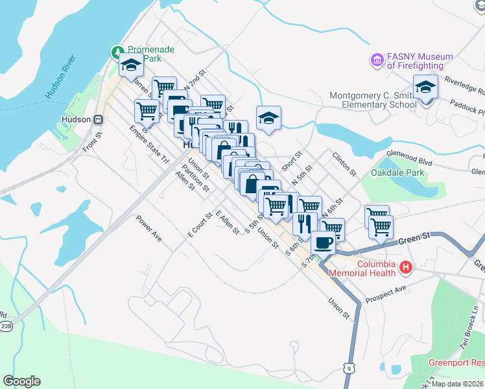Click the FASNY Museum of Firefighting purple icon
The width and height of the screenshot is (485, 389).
(x=377, y=60)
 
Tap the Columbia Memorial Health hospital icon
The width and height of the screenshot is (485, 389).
(x=406, y=266)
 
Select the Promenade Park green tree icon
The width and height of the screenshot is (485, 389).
(x=117, y=51)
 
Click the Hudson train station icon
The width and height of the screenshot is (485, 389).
(x=99, y=119)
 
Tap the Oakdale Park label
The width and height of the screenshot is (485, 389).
(x=397, y=172)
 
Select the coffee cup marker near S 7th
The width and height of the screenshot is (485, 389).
(x=323, y=242)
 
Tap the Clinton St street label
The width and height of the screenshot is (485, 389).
(x=344, y=164)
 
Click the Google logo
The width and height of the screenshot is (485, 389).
(x=21, y=381)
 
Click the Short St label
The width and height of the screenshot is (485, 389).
(x=292, y=159)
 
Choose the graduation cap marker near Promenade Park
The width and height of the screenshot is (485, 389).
(x=130, y=65)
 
